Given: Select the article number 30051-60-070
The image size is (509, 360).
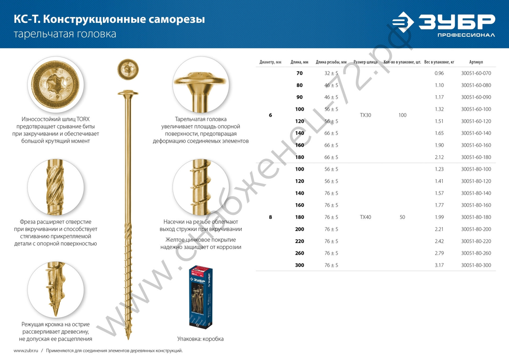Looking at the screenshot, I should (x=476, y=73).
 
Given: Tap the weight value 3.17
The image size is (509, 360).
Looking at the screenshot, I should (x=439, y=265).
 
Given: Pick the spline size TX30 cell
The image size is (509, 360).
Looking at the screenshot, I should (x=365, y=115).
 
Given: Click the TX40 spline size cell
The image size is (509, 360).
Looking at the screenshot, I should (x=365, y=217).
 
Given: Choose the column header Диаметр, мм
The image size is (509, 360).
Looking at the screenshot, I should (x=270, y=62).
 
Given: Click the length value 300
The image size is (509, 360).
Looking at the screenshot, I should (x=299, y=265).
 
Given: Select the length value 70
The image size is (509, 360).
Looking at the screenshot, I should (x=299, y=73).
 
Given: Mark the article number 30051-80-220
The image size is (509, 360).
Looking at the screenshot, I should (x=476, y=241).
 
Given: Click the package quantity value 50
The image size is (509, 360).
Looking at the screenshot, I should (x=402, y=217).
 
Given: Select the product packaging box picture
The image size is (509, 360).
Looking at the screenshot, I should (x=200, y=297).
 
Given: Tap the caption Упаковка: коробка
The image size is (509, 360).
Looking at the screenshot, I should (x=200, y=339).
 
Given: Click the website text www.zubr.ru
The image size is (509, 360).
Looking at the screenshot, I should (x=26, y=351).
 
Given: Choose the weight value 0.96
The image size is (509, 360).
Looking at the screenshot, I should (x=439, y=73).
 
